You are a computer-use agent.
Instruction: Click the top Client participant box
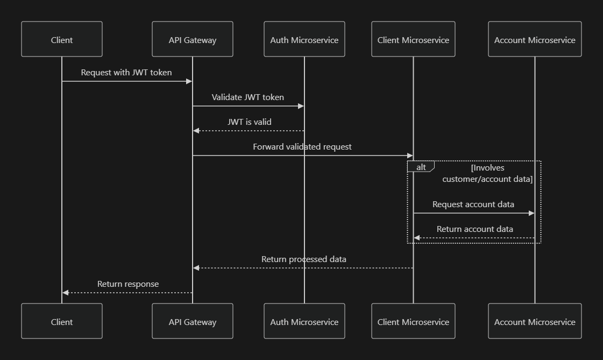tap(62, 39)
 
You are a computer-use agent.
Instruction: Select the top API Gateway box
tap(193, 39)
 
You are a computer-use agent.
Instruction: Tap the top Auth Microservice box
tap(304, 39)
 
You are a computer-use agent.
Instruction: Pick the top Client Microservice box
tap(413, 39)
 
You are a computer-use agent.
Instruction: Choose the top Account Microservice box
tap(535, 39)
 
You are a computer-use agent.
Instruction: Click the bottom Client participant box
tap(62, 321)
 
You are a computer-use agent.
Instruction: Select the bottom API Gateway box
tap(193, 321)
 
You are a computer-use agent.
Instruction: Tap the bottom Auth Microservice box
tap(304, 321)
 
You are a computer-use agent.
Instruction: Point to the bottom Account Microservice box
tap(535, 321)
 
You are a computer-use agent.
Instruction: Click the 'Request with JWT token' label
tap(126, 72)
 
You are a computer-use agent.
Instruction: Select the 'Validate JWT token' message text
tap(247, 97)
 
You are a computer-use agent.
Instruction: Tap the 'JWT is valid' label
tap(249, 122)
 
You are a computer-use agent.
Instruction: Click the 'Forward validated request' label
tap(302, 146)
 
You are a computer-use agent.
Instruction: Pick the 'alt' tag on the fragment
tap(421, 167)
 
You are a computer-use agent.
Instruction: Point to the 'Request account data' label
tap(473, 204)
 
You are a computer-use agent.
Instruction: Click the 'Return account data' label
tap(474, 229)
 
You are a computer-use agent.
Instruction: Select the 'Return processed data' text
tap(304, 259)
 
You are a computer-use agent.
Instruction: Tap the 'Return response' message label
tap(128, 284)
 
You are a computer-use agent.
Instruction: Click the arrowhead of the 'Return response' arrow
tap(65, 293)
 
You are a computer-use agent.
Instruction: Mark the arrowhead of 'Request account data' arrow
tap(531, 213)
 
